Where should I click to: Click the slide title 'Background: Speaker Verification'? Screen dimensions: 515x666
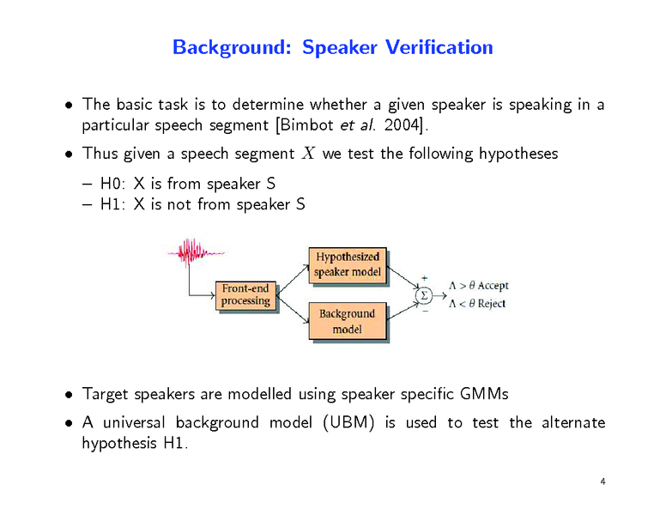click(332, 47)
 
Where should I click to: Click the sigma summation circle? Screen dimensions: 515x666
click(422, 295)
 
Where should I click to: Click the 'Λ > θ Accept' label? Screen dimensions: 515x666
click(478, 285)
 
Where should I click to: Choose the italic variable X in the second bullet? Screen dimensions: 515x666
click(309, 154)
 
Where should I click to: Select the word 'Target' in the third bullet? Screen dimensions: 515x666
click(104, 394)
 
